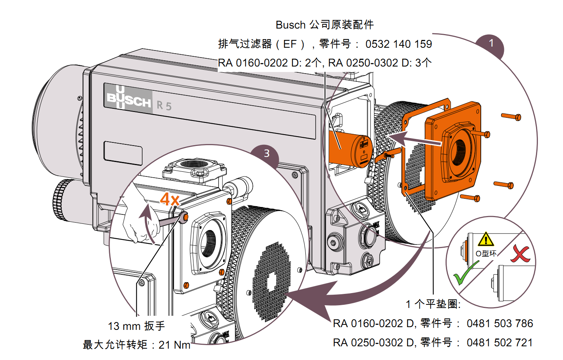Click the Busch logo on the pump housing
tap(128, 99)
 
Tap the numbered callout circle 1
tap(491, 43)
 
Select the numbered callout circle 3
tap(267, 153)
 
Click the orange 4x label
tap(170, 200)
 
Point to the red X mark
tap(520, 254)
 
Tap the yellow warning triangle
tap(485, 239)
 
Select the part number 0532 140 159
tap(399, 44)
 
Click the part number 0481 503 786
tap(500, 324)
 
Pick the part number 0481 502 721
tap(500, 343)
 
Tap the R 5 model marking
tap(164, 106)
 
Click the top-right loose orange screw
tap(511, 116)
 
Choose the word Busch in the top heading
tap(290, 25)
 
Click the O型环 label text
tap(486, 254)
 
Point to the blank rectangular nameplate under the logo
tap(123, 153)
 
